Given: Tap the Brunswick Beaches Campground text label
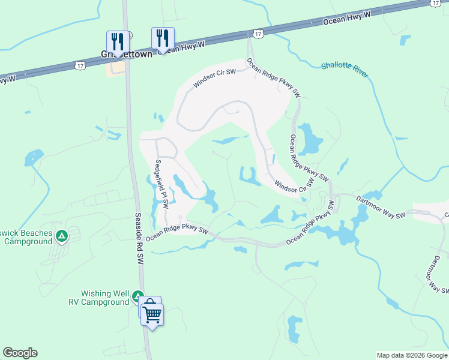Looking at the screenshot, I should pyautogui.click(x=27, y=238).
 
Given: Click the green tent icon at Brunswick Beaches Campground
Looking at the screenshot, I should pyautogui.click(x=61, y=236).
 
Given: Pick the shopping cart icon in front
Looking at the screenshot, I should pyautogui.click(x=152, y=314).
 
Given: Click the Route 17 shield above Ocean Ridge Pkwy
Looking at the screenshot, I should pyautogui.click(x=258, y=35).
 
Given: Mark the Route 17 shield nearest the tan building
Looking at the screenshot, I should pyautogui.click(x=79, y=64).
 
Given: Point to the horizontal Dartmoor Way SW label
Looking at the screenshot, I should pyautogui.click(x=380, y=207).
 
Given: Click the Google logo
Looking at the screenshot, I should pyautogui.click(x=20, y=353).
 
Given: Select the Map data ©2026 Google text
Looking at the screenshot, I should pyautogui.click(x=412, y=355).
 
